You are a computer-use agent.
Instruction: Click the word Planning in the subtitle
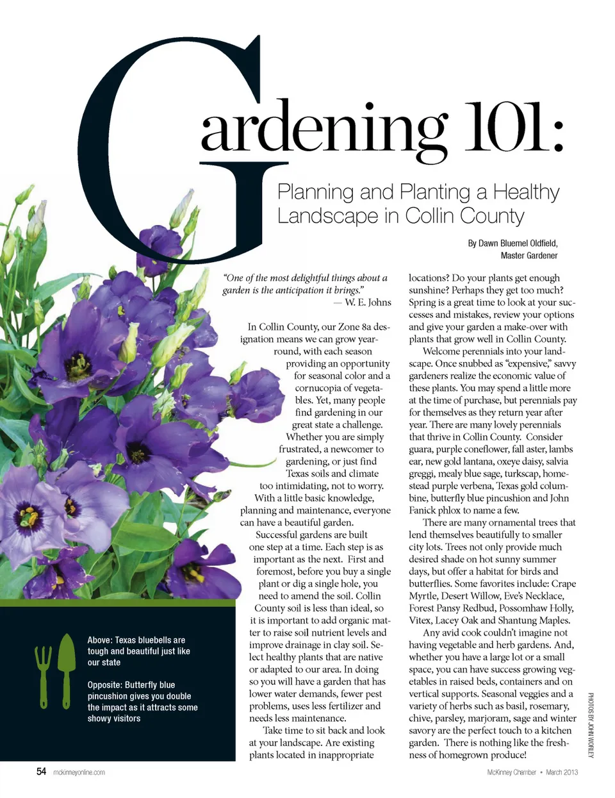click(315, 192)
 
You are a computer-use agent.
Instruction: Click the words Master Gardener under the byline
click(529, 256)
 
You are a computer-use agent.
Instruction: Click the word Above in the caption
click(99, 640)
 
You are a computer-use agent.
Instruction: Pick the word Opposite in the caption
click(104, 685)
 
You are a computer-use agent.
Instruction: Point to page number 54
click(41, 772)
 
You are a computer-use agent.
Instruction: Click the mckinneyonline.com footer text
click(79, 772)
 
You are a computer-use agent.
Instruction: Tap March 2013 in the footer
click(562, 772)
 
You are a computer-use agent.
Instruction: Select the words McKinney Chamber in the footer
click(511, 772)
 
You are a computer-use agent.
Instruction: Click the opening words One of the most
click(256, 278)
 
